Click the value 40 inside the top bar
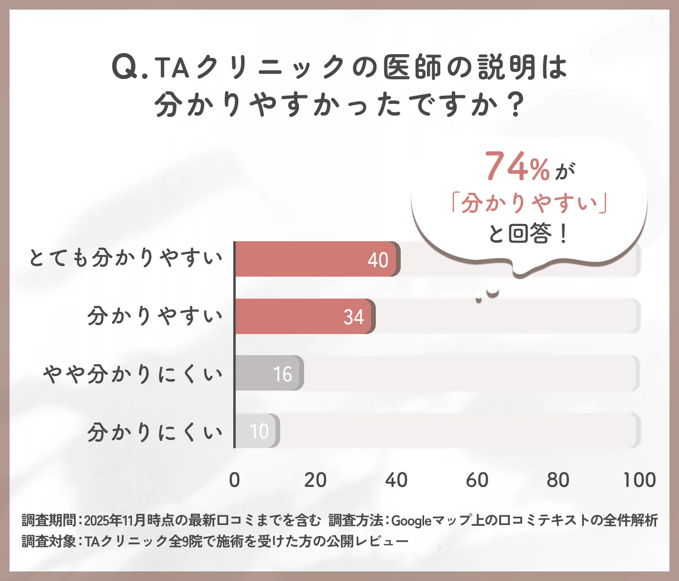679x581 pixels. point(378,260)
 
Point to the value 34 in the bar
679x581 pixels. point(354,317)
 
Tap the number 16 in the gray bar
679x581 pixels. point(283,374)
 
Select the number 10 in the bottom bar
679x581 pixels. point(260,432)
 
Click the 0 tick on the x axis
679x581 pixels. point(234,480)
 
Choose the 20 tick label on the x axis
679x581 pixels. point(315,480)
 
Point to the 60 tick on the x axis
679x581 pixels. point(477,480)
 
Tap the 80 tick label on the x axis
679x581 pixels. point(558,480)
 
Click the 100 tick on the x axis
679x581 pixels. point(639,480)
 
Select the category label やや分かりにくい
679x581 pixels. point(133,374)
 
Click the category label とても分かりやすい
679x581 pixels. point(126,258)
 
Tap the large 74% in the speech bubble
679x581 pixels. point(517,167)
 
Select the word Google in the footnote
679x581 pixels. point(411,520)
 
